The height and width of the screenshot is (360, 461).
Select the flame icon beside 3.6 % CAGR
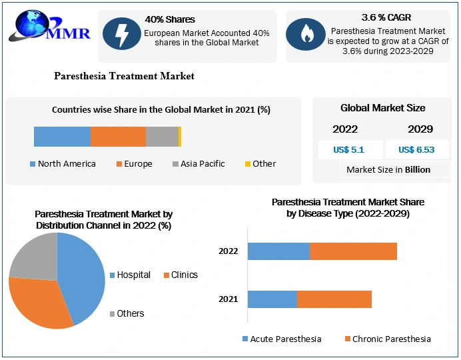point(306,35)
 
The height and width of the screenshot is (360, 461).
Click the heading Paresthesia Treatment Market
point(124,76)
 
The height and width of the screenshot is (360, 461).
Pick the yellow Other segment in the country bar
point(180,137)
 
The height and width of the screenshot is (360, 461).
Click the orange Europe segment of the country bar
point(118,137)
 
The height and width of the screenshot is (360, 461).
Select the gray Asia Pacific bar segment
point(162,137)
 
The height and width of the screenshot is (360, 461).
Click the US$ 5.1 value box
point(350,149)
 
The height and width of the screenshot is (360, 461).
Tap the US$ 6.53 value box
point(416,149)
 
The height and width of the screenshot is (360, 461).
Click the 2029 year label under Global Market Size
point(420,129)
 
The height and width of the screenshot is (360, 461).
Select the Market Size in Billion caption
point(388,169)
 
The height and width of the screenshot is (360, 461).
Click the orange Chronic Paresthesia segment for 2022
point(353,251)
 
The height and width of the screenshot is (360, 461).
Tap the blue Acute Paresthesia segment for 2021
point(272,299)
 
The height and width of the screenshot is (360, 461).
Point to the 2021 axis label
point(228,299)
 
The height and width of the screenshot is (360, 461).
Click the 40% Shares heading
point(170,19)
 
